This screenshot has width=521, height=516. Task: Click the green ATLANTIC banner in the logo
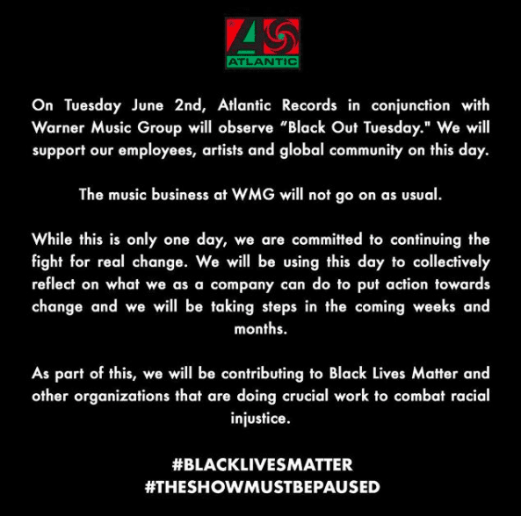(263, 62)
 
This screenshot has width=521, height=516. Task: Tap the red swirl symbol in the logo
(282, 36)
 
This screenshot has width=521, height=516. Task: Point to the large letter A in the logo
(245, 37)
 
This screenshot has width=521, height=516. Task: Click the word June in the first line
(148, 105)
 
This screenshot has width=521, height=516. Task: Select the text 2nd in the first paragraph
(189, 105)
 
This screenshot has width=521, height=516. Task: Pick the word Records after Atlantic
(309, 105)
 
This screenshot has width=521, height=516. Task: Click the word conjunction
(410, 106)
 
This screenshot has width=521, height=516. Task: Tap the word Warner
(58, 128)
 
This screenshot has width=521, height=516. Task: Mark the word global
(301, 151)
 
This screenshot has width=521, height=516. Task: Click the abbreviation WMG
(254, 195)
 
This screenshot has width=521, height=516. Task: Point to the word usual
(422, 195)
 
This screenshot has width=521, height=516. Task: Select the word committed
(327, 240)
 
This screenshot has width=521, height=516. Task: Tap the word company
(242, 285)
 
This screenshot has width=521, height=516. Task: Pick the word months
(261, 329)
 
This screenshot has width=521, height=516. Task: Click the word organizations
(122, 397)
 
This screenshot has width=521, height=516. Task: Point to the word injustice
(261, 419)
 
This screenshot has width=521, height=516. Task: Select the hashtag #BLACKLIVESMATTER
(263, 464)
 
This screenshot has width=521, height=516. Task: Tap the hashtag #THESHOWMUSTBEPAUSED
(263, 487)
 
